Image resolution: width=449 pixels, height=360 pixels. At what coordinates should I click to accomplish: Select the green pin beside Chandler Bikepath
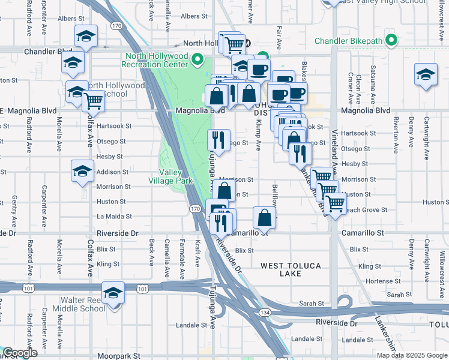point(391,41)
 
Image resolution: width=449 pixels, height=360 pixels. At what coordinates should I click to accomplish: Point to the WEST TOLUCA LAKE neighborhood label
point(291,269)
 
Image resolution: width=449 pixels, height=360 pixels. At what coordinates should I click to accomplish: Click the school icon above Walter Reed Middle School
point(113,293)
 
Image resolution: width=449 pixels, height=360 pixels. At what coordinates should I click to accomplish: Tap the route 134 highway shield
point(264,313)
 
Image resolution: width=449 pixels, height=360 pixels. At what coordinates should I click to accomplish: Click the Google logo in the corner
point(20,353)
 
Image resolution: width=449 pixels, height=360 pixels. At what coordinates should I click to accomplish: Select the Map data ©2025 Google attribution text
point(411,355)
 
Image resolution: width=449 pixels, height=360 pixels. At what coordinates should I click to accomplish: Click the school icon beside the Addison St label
point(83,172)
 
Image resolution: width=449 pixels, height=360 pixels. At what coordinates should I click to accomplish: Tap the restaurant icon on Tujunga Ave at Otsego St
point(218,141)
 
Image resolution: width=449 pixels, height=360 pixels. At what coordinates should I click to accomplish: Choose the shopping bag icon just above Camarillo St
point(264,218)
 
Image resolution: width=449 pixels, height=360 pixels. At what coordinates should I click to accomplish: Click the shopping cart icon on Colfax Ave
point(94,102)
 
